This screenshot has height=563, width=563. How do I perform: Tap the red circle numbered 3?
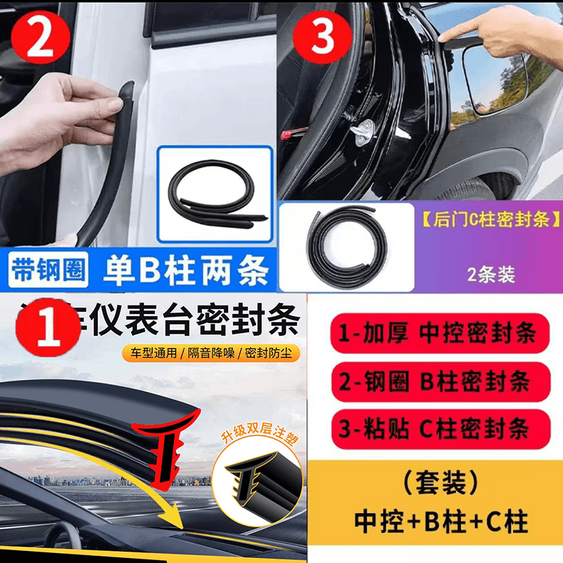point(322,39)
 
